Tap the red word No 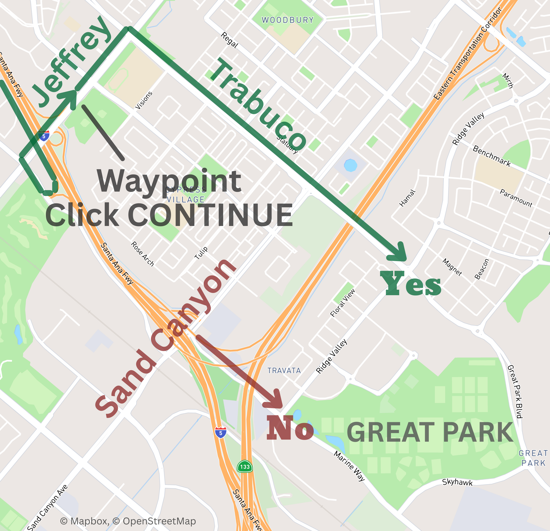pyautogui.click(x=290, y=428)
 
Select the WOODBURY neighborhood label pyautogui.click(x=288, y=20)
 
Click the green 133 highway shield pyautogui.click(x=245, y=467)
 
